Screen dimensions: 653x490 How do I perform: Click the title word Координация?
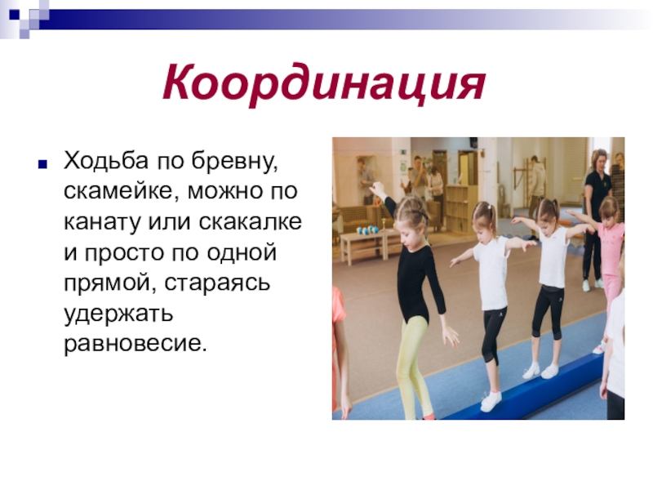(x=323, y=82)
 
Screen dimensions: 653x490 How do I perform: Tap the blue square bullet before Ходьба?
(x=42, y=164)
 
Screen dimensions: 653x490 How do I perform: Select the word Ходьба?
(x=106, y=160)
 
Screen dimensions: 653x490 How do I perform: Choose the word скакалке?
(x=250, y=221)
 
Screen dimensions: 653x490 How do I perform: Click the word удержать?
(x=118, y=314)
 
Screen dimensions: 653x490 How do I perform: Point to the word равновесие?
(x=135, y=344)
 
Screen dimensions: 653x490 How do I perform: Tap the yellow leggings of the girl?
(x=411, y=367)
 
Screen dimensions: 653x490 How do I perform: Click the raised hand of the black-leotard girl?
(x=377, y=189)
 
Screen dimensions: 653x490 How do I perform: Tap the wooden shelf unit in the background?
(x=460, y=207)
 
